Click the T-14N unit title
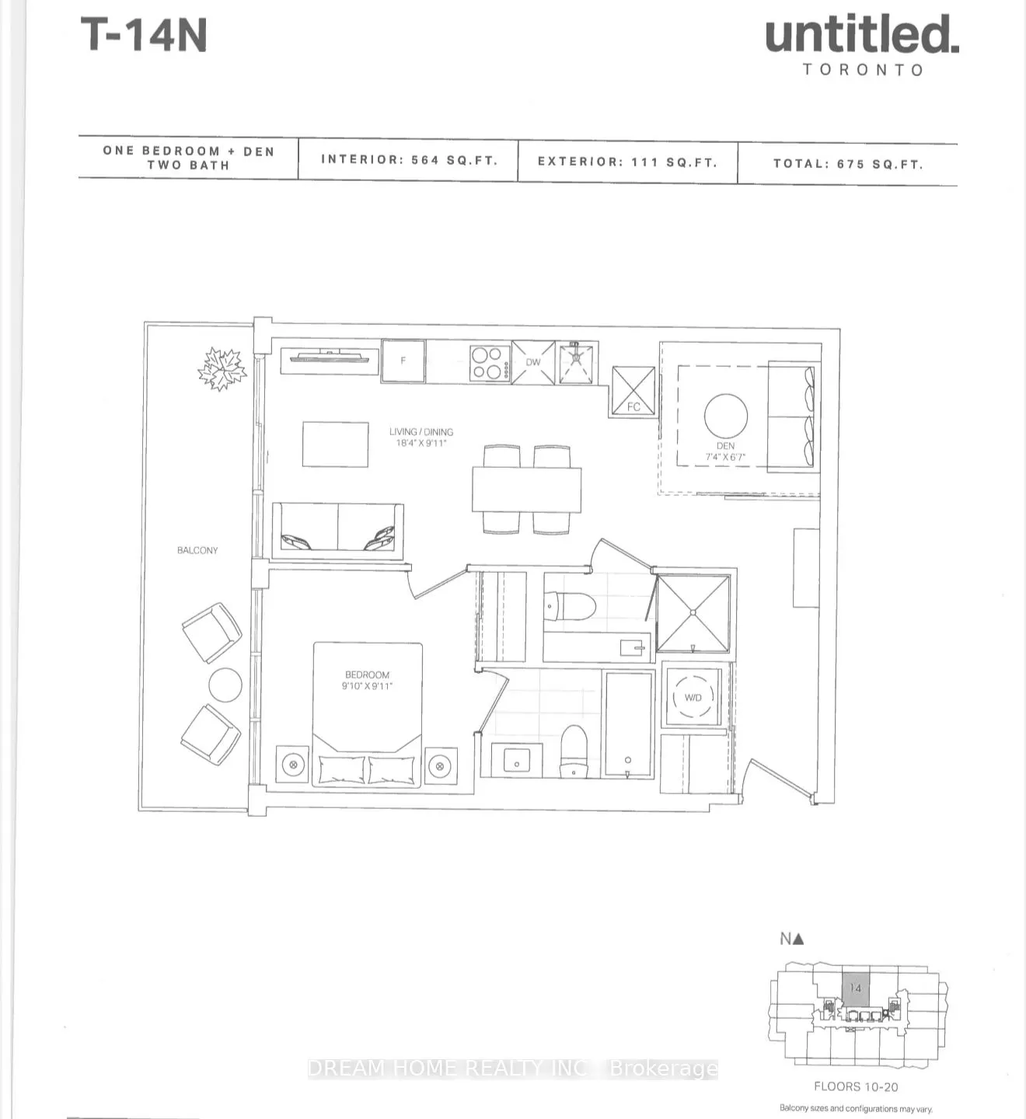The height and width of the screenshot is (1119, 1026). pos(144,36)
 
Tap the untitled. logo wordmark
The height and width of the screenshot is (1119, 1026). pos(861,36)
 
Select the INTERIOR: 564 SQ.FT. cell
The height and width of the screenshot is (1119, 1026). pos(409,160)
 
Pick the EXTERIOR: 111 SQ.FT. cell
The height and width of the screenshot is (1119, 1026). pos(627,162)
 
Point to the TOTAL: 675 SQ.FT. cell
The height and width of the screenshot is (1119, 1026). pos(847,164)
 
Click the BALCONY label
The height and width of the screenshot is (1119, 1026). pos(197,550)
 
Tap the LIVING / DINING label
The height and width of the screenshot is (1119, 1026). pos(421,432)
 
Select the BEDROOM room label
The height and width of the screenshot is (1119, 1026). pos(367,675)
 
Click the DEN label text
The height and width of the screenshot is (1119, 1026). pos(725,446)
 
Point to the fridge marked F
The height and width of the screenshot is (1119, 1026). pos(403,361)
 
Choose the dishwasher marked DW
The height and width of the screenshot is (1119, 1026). pos(533,362)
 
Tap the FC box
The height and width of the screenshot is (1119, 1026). pos(633,391)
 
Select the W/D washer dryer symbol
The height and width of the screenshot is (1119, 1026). pos(693,697)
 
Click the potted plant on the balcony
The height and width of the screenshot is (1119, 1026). pos(222,368)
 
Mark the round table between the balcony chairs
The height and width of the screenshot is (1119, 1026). pos(225,685)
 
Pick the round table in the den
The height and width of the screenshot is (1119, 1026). pos(726,416)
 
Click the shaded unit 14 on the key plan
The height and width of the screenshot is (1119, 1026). pos(856,988)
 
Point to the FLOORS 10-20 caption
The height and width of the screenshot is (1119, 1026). pos(855,1086)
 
